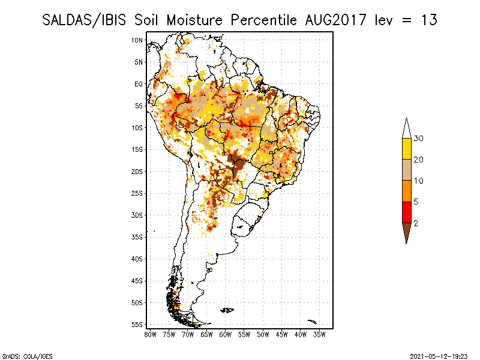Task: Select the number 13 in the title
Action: [429, 20]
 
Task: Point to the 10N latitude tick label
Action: [137, 40]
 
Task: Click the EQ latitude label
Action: [139, 84]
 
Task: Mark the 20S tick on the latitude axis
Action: [137, 172]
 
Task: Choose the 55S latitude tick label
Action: [137, 325]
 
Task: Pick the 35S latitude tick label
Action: [137, 237]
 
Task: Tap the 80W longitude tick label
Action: [150, 334]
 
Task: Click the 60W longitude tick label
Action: [225, 334]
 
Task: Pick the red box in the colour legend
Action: [406, 212]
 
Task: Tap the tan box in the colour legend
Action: [406, 170]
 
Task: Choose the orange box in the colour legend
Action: [406, 191]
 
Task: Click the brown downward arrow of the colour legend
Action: [406, 232]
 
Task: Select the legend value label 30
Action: [419, 139]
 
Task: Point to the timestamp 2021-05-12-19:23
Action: [439, 355]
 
